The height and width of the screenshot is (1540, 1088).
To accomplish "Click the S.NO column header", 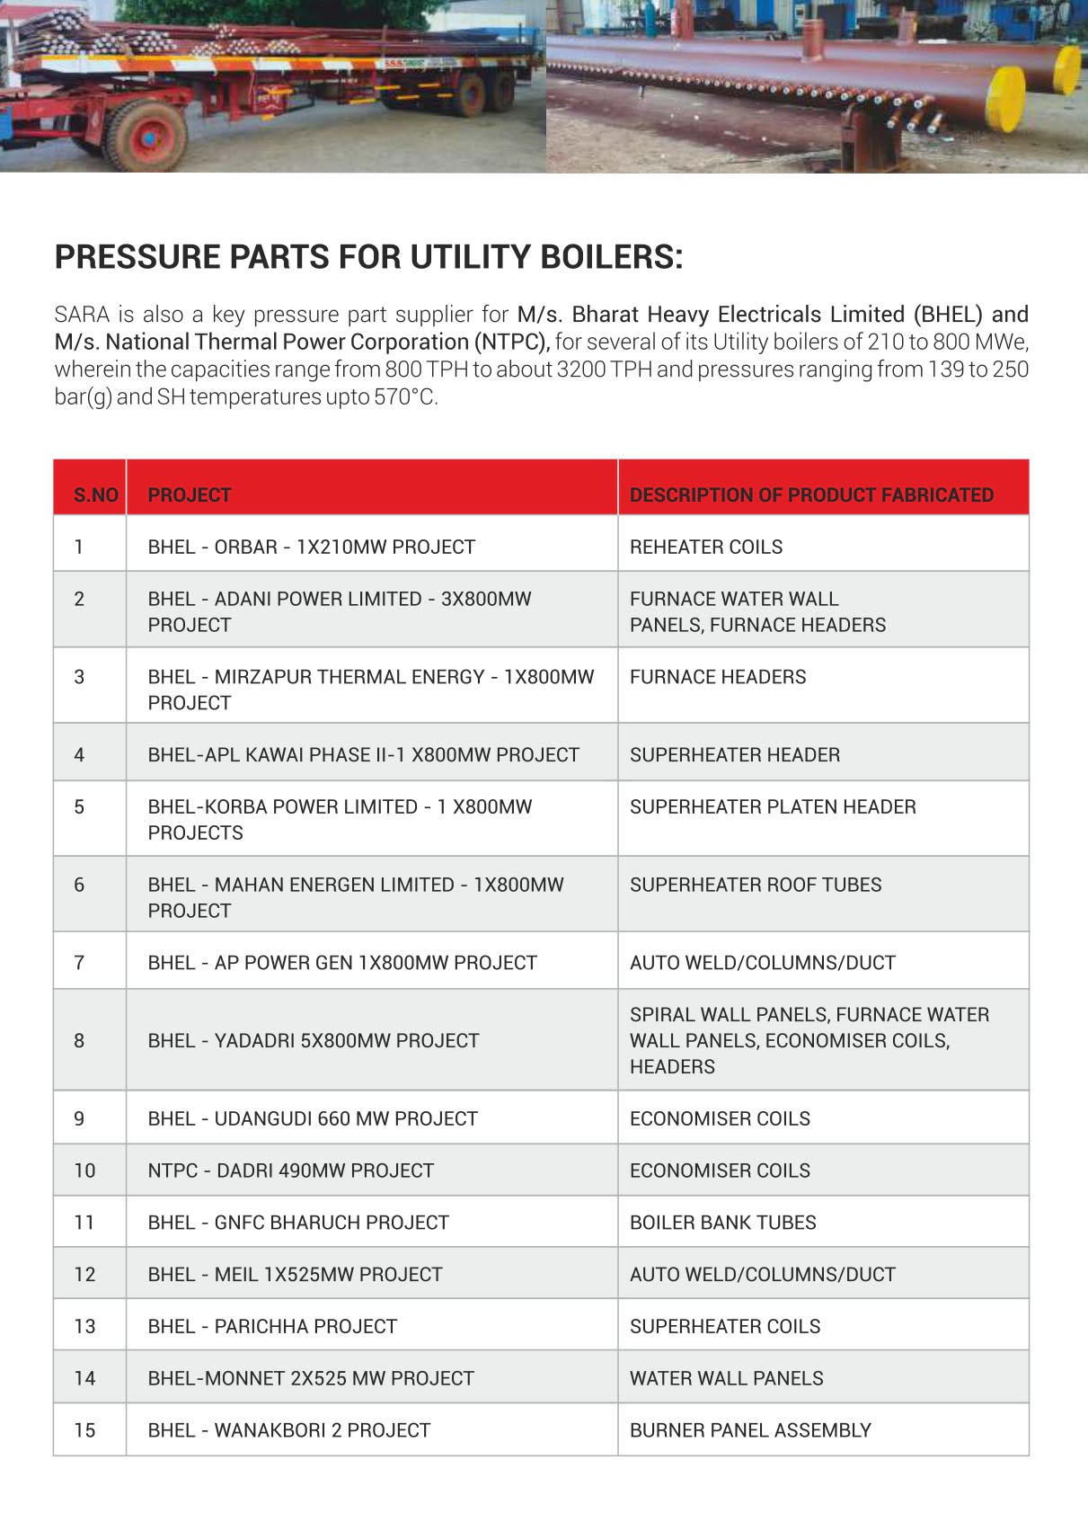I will pos(95,494).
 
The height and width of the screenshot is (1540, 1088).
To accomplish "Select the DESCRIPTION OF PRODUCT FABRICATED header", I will pos(811,494).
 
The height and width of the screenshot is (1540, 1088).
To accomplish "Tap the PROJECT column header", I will pos(190,494).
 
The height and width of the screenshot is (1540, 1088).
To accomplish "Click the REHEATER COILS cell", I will pos(706,547).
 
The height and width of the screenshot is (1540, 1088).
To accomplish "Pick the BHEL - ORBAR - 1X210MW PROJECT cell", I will pos(311,547).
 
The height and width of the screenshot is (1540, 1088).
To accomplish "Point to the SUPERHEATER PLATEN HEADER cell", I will pos(773,806).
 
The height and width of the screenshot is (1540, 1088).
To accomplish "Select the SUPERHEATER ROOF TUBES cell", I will pos(756,885).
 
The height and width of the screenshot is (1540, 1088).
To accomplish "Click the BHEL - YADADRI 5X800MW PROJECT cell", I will pos(314,1040).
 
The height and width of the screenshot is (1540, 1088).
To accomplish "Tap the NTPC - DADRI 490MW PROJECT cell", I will pos(290,1171).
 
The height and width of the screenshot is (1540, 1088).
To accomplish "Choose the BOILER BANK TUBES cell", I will pos(722,1223).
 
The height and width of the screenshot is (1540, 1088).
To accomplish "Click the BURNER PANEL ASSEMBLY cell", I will pos(750,1430).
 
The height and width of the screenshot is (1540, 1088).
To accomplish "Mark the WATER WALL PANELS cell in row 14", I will pos(726,1378).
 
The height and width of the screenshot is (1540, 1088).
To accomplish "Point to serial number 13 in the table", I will pos(84,1326).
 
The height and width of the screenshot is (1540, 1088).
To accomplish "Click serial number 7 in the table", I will pos(79,963).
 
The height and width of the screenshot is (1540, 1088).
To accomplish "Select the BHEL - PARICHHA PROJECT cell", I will pos(272,1326).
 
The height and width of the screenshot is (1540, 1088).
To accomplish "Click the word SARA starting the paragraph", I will pos(82,315).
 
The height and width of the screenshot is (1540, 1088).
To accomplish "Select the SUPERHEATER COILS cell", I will pos(725,1326).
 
